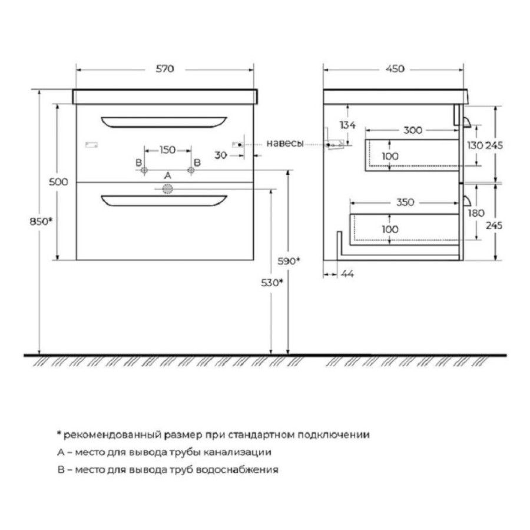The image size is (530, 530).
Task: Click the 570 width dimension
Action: tap(165, 69)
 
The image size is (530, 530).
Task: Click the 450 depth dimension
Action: tap(395, 69)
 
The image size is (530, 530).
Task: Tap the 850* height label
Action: tap(41, 222)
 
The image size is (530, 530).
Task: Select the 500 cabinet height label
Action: tap(58, 182)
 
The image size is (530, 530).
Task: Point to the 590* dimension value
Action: tap(289, 261)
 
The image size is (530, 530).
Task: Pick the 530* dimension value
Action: tap(271, 283)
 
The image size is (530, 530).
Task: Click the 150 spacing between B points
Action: tap(167, 150)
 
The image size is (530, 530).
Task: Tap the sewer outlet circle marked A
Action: tap(168, 189)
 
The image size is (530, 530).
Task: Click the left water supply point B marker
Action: tap(144, 170)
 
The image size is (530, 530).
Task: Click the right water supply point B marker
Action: tap(191, 170)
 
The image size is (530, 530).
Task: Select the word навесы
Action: tap(285, 144)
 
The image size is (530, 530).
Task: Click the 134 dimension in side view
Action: tap(347, 125)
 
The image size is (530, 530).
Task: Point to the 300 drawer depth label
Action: tap(413, 130)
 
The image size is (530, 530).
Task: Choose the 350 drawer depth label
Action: tap(405, 203)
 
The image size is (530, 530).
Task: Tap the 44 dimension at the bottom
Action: tap(347, 274)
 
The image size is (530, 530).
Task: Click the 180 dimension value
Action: tap(476, 213)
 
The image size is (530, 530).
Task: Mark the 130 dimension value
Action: tap(475, 145)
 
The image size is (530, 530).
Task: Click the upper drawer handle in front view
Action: tap(164, 122)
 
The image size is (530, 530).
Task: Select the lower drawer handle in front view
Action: tap(164, 200)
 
